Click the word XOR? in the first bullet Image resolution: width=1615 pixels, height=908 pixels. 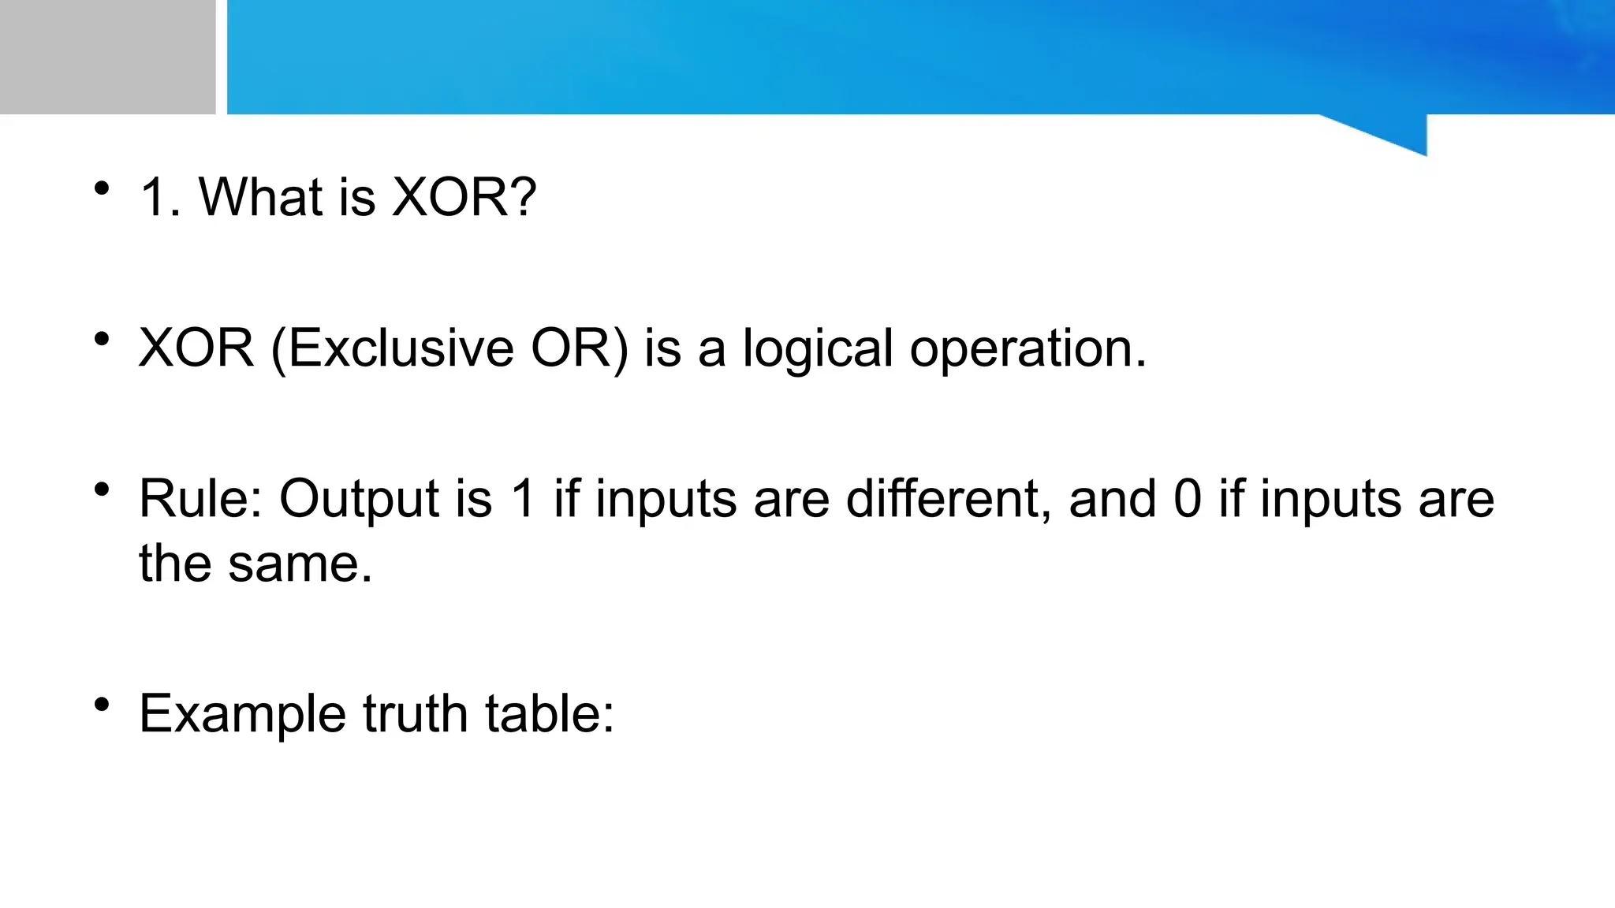click(x=464, y=196)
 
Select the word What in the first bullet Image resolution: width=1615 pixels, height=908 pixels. click(x=261, y=196)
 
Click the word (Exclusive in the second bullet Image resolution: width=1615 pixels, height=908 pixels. click(x=392, y=348)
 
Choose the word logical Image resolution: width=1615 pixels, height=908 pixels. click(x=818, y=349)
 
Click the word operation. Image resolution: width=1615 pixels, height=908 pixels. click(x=1028, y=349)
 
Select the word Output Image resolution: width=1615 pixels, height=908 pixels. click(x=359, y=501)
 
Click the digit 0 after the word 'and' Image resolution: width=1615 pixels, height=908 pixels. click(x=1188, y=499)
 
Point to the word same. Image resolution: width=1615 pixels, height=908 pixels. click(x=300, y=564)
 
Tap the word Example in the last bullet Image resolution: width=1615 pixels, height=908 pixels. click(x=242, y=715)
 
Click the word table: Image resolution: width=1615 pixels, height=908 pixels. click(x=549, y=713)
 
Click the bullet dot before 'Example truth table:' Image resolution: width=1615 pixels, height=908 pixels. click(x=101, y=705)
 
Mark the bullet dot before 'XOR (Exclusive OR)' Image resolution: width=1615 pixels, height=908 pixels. click(x=101, y=339)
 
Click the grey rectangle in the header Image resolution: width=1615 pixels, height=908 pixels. click(x=107, y=57)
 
